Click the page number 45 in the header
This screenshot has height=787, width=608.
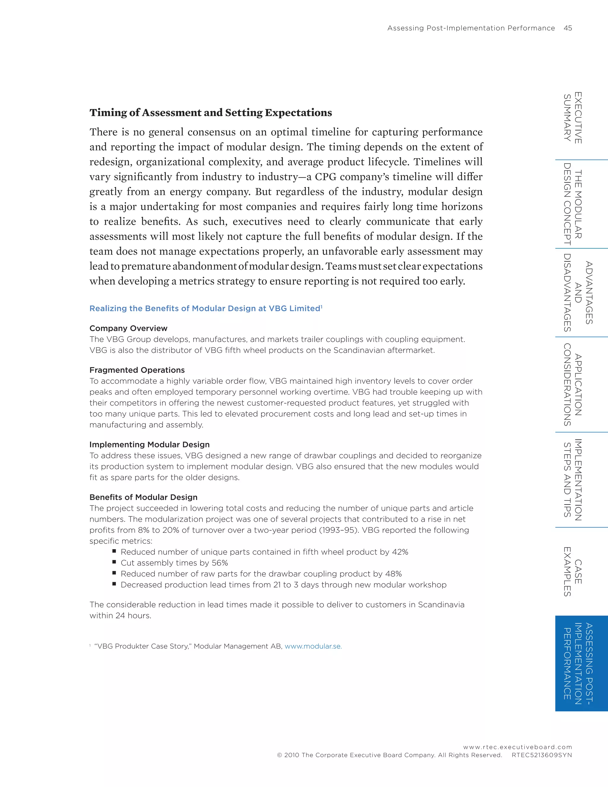click(568, 28)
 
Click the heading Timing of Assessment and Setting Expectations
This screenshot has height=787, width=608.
click(211, 113)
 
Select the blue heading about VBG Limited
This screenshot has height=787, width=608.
click(206, 309)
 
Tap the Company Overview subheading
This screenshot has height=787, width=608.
click(128, 328)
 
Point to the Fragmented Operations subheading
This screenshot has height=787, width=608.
click(137, 370)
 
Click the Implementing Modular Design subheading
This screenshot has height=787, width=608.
click(150, 444)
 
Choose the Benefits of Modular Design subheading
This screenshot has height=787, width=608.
click(143, 497)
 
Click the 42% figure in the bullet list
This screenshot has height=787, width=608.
click(400, 552)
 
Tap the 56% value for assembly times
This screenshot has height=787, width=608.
click(220, 563)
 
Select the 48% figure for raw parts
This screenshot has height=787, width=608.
click(393, 574)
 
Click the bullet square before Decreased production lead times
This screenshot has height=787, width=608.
click(114, 584)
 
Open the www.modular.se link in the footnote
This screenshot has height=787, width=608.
click(313, 646)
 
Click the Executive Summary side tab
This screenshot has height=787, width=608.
click(573, 118)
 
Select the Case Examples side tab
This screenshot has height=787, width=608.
click(573, 571)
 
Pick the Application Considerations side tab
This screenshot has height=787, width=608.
click(573, 385)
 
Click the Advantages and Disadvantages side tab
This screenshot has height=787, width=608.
click(578, 293)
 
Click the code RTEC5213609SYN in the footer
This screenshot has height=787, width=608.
click(541, 755)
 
